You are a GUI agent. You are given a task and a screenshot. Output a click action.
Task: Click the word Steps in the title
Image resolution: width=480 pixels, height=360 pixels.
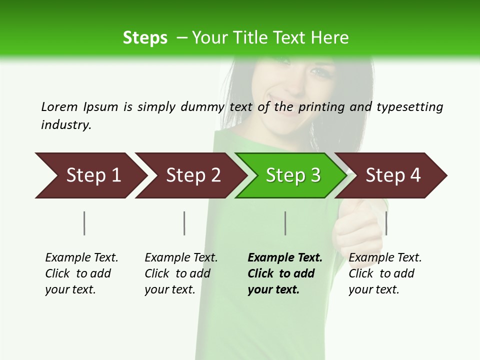(145, 38)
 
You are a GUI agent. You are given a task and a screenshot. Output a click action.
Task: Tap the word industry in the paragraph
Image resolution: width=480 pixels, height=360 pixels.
(65, 124)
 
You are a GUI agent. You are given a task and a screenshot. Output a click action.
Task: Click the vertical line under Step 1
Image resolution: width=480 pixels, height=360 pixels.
(84, 223)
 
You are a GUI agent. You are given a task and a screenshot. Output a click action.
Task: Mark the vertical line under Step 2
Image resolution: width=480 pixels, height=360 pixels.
(184, 223)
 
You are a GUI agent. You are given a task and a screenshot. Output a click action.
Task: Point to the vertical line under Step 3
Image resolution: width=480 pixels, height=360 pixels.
(285, 223)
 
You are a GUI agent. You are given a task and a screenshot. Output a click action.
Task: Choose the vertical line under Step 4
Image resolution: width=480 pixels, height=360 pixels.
(386, 223)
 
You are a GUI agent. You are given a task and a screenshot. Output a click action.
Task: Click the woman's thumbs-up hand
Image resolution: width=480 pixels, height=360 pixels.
(357, 227)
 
